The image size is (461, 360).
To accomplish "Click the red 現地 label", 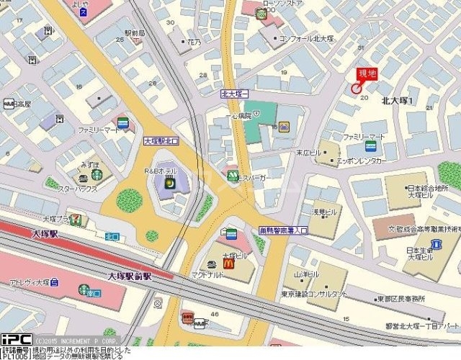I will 367,73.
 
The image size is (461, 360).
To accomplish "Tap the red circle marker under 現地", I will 356,88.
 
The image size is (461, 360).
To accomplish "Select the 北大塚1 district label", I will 397,101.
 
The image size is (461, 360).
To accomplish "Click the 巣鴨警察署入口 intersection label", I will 282,230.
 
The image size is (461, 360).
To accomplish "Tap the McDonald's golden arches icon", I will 229,265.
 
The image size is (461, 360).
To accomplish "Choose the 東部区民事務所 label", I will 400,298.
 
